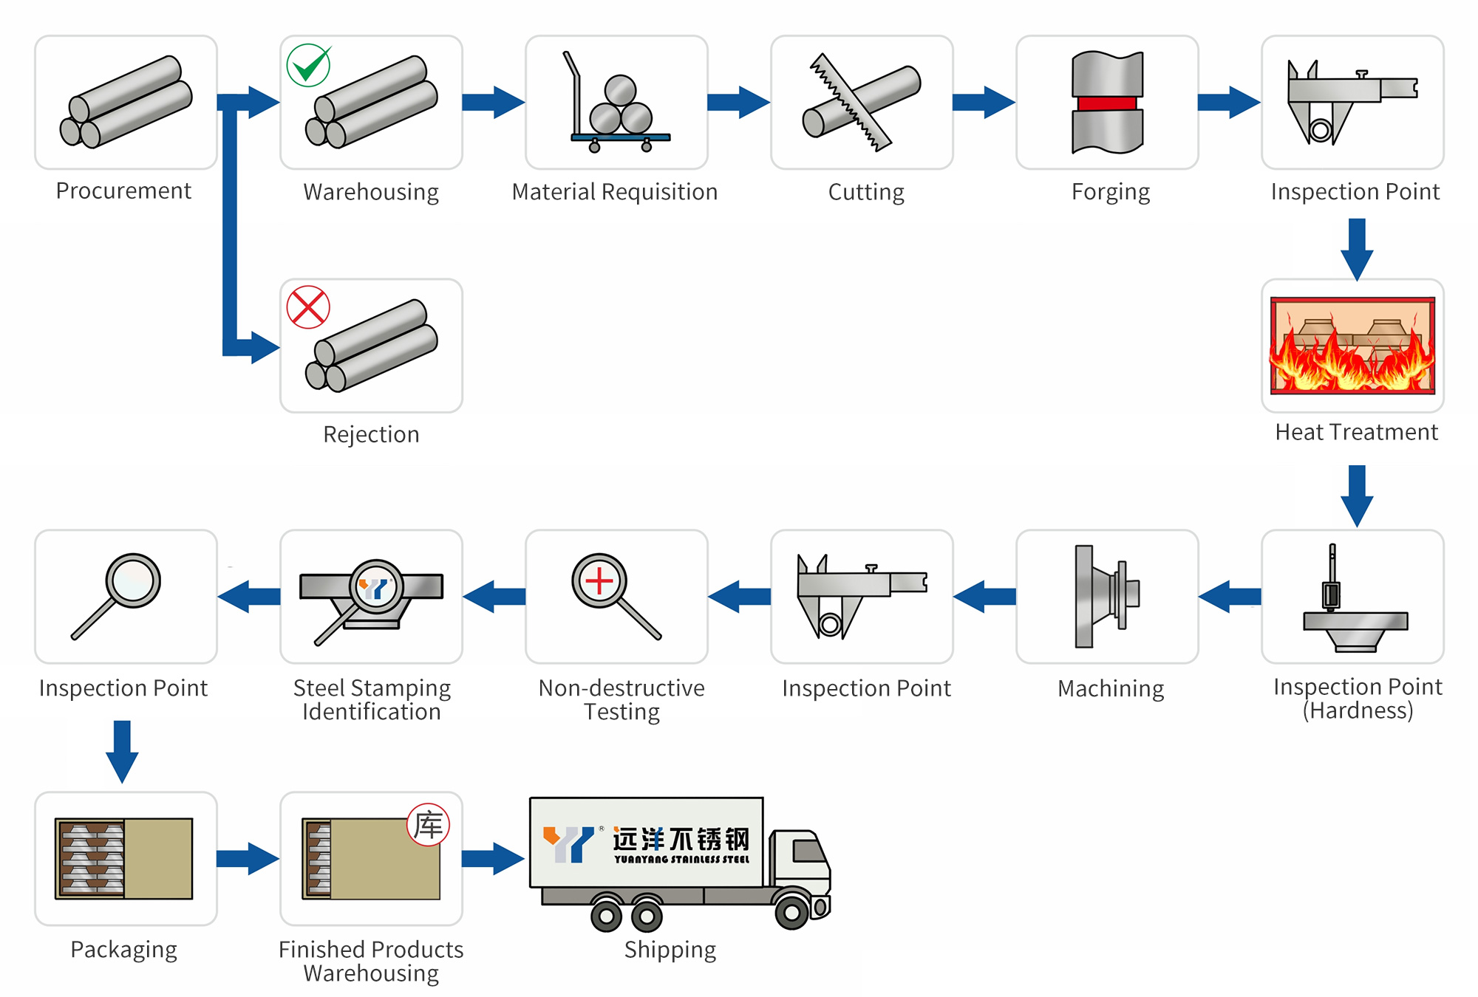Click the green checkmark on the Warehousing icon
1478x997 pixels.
[308, 66]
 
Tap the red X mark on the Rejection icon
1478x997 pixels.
[308, 307]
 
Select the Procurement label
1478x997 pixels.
[123, 191]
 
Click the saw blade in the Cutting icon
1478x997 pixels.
[850, 102]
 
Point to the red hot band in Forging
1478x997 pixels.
[1107, 103]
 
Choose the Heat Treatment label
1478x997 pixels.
[1356, 432]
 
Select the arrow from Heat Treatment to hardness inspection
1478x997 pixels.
[1357, 495]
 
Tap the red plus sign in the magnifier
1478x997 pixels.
[599, 581]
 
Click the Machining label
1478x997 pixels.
[1111, 688]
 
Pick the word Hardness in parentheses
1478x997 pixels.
[1358, 710]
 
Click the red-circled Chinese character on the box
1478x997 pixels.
[429, 825]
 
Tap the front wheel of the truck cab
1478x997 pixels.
[791, 913]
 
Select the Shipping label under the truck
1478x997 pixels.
[670, 950]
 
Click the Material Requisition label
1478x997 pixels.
[614, 192]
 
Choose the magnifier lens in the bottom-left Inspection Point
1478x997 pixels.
[133, 580]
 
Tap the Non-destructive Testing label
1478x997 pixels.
[621, 699]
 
